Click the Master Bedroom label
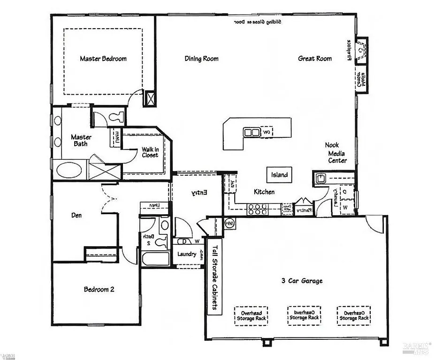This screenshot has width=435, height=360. click(103, 59)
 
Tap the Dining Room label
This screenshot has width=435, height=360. click(201, 59)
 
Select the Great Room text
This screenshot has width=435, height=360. click(315, 59)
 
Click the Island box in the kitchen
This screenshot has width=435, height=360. click(279, 175)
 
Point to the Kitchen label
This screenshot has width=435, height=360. click(264, 192)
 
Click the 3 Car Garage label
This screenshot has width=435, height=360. click(302, 281)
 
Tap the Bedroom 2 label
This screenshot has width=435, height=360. click(99, 289)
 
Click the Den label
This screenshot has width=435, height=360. click(76, 216)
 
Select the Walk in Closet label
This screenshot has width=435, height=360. click(150, 152)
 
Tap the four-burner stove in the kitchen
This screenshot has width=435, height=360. click(257, 209)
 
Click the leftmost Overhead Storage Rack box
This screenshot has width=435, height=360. click(252, 315)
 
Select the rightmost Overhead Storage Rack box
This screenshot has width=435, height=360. click(353, 315)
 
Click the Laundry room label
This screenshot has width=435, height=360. click(186, 254)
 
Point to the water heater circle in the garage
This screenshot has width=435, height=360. click(230, 223)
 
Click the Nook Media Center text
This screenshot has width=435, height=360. click(337, 153)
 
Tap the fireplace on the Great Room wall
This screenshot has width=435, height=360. click(361, 49)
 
